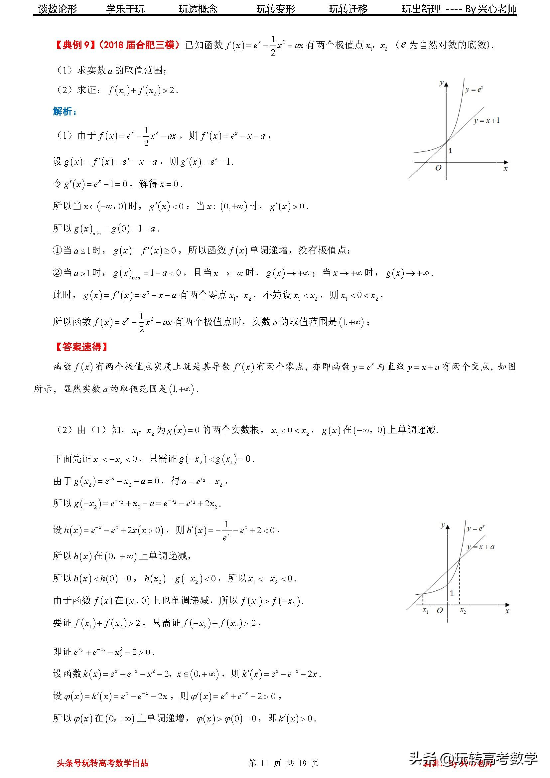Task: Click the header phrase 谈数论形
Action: pyautogui.click(x=58, y=9)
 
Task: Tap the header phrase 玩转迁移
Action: pyautogui.click(x=348, y=9)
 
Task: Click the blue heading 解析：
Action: pyautogui.click(x=65, y=111)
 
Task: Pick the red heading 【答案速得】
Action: pyautogui.click(x=81, y=347)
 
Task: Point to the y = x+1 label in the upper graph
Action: pyautogui.click(x=487, y=121)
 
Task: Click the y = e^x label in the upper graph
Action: pyautogui.click(x=474, y=90)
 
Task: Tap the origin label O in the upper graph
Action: pyautogui.click(x=438, y=168)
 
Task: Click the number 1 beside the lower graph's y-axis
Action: pyautogui.click(x=452, y=593)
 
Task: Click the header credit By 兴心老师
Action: pyautogui.click(x=491, y=9)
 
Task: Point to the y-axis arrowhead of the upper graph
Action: pyautogui.click(x=446, y=84)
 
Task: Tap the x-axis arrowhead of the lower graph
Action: pyautogui.click(x=507, y=604)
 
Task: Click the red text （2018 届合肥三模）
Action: pyautogui.click(x=139, y=45)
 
